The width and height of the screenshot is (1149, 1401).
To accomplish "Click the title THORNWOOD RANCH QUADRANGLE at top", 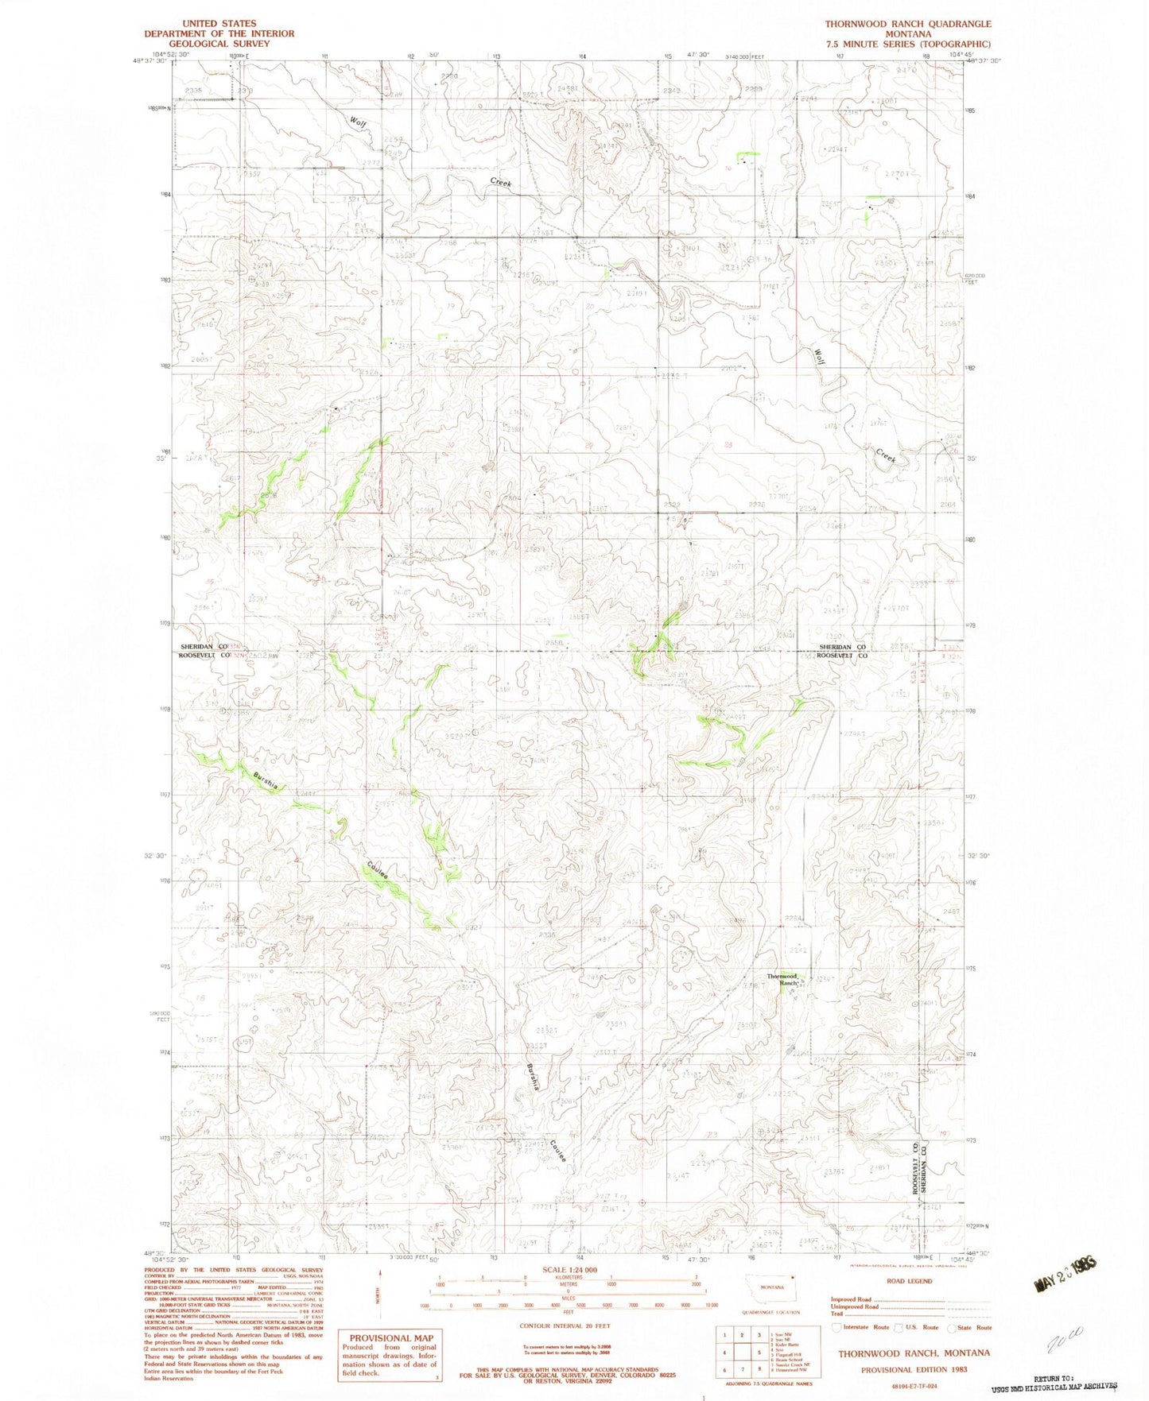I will (x=907, y=24).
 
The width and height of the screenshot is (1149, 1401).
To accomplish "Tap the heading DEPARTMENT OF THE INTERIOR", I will (x=219, y=33).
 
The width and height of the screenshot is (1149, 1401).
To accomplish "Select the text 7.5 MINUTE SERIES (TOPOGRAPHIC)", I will (x=907, y=45).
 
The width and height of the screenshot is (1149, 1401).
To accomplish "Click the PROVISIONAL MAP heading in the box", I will (x=390, y=1338).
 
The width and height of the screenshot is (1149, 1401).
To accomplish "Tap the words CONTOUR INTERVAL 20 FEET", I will (x=565, y=1326).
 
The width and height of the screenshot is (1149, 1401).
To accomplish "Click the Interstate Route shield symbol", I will (x=835, y=1328).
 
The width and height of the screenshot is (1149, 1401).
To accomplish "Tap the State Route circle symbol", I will (x=952, y=1328).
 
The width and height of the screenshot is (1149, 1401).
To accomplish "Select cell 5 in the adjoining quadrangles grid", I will (x=743, y=1352).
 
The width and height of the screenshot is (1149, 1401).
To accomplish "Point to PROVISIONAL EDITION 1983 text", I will (x=914, y=1369).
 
